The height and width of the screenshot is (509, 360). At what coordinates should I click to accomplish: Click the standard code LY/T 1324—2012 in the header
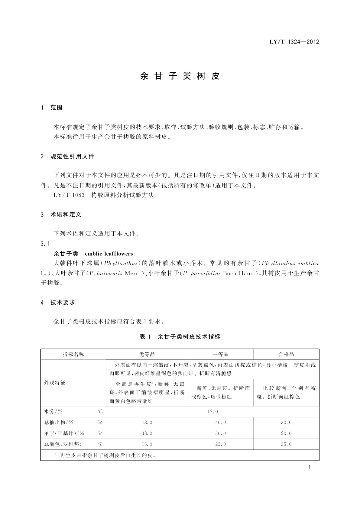tap(294, 42)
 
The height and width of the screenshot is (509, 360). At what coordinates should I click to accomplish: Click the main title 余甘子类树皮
tap(180, 76)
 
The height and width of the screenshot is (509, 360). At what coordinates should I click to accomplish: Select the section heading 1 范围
tap(52, 108)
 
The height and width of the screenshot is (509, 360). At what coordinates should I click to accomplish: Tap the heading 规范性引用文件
tap(72, 157)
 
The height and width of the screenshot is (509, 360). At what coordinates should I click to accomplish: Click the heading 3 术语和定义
tap(61, 215)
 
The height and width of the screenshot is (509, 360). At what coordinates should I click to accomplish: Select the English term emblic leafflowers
tap(109, 254)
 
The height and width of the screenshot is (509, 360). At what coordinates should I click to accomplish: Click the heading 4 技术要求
tap(58, 303)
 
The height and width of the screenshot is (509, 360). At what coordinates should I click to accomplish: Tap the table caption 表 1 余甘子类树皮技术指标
tap(180, 336)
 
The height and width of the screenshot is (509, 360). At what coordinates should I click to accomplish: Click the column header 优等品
tap(147, 354)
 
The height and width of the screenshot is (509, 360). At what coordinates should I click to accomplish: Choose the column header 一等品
tap(220, 354)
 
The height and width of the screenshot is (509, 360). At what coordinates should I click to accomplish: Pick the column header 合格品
tap(286, 354)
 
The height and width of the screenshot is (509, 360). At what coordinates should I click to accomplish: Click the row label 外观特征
tap(55, 383)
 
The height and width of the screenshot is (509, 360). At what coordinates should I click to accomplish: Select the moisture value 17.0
tap(212, 412)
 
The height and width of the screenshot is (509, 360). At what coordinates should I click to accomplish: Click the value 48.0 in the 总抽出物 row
tap(147, 423)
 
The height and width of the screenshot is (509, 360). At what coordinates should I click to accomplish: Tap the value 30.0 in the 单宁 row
tap(220, 433)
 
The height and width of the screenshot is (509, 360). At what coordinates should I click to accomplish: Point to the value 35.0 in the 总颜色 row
tap(286, 444)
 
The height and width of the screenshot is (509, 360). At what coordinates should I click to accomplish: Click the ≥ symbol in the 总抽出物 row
tap(100, 423)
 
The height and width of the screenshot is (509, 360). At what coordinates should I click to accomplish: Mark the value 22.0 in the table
tap(220, 444)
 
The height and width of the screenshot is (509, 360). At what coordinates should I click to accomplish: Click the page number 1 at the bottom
tap(310, 467)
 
